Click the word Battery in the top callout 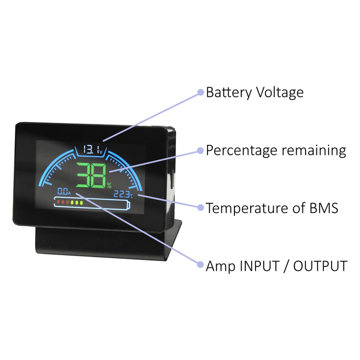click(x=229, y=93)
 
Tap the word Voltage click(x=280, y=93)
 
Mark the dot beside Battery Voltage click(x=201, y=92)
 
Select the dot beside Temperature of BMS click(x=201, y=207)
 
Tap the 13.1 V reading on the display click(x=92, y=149)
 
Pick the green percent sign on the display click(x=109, y=185)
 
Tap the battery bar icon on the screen click(x=93, y=203)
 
